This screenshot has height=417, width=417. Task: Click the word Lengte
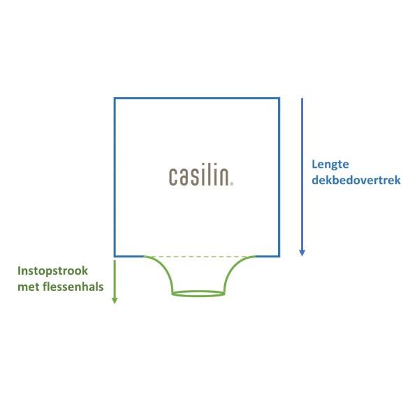pos(330,165)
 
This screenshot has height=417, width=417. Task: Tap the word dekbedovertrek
pos(356,180)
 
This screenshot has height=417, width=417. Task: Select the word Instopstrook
pos(52,271)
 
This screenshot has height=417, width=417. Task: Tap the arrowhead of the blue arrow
pos(302,253)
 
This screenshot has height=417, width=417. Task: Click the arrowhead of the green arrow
pos(115,301)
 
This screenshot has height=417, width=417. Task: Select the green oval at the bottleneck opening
pos(198,294)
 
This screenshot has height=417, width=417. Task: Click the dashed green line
pos(200,257)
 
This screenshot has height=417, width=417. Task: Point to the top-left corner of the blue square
pos(115,98)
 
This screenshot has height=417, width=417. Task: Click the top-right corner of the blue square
pos(279,98)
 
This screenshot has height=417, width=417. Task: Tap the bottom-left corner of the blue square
pos(115,257)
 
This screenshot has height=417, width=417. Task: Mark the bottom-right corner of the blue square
pos(279,257)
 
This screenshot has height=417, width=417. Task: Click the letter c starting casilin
pos(173,176)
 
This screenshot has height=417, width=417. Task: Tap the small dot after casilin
pos(232,184)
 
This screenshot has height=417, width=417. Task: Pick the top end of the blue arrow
pos(302,98)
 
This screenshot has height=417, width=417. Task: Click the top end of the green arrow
pos(115,261)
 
